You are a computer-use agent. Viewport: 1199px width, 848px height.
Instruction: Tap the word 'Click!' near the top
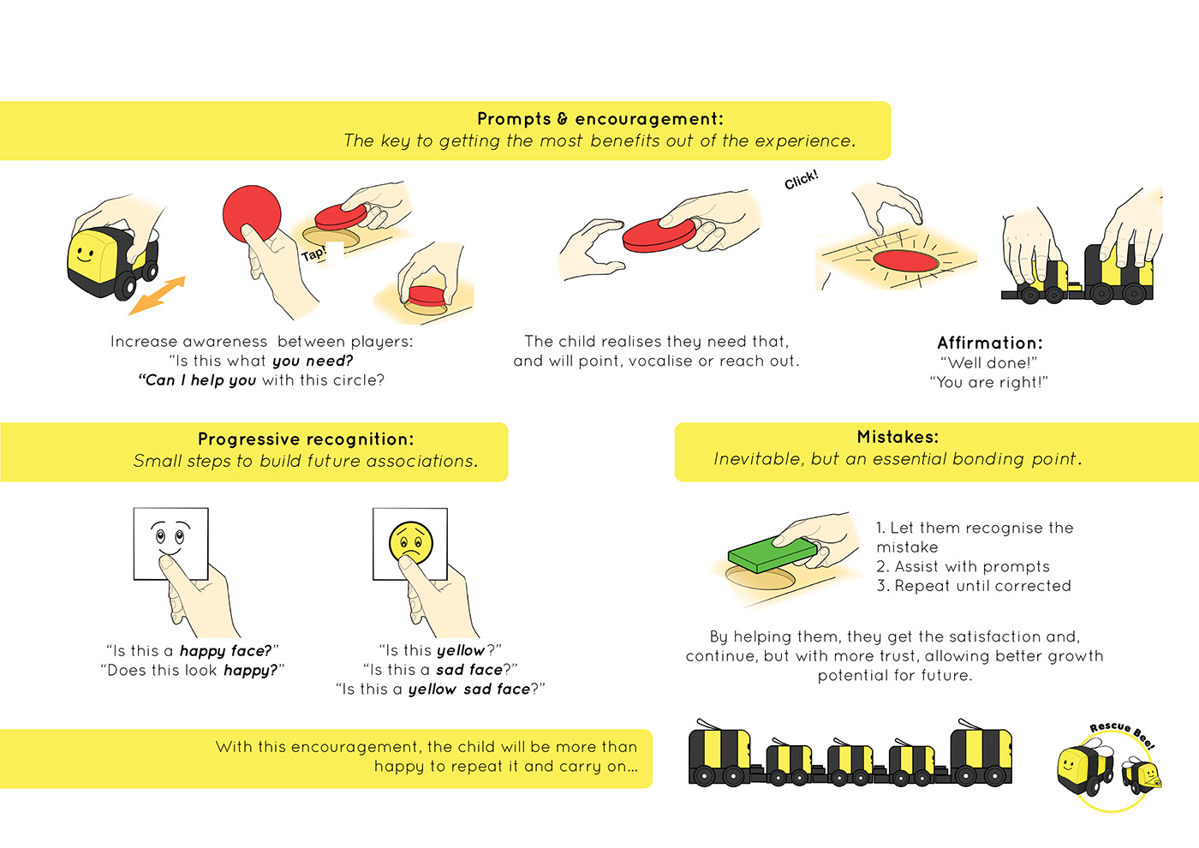point(802,180)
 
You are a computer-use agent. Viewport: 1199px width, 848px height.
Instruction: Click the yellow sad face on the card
point(411,543)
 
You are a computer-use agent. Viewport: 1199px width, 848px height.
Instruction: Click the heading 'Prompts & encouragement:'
point(599,119)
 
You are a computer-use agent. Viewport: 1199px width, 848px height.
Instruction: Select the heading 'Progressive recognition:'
point(306,439)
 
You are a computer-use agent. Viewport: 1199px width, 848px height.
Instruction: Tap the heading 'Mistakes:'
point(898,437)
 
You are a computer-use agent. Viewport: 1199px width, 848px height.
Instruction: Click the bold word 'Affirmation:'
point(990,343)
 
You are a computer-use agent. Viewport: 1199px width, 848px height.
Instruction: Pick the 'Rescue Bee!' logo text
point(1122,732)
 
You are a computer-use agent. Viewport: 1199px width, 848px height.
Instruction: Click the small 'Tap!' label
point(313,254)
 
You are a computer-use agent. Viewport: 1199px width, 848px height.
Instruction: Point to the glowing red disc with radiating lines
point(905,260)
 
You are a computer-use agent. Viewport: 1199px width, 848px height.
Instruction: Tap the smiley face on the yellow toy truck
point(84,254)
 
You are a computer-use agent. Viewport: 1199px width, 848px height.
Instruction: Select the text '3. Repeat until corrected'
point(974,586)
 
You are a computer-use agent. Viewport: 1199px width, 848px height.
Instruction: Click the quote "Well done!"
point(988,363)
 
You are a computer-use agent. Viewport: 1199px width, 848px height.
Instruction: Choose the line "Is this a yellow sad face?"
point(440,689)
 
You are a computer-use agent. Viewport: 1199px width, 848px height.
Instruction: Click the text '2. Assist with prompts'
point(963,566)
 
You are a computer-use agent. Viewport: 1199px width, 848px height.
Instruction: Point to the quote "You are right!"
point(988,382)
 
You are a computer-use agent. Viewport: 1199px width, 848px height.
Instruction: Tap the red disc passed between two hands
point(660,235)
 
